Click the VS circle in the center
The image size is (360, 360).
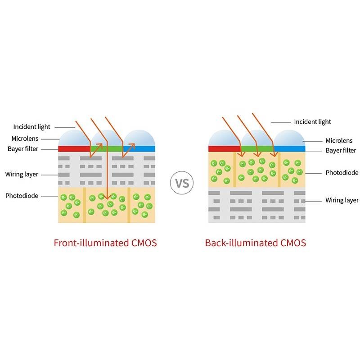(182, 184)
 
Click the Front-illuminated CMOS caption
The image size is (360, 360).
(105, 243)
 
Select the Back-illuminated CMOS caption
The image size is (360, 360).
(255, 243)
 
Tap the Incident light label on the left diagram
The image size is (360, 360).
(32, 127)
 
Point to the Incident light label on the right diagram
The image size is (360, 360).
(312, 121)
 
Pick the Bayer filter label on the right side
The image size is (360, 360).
(341, 150)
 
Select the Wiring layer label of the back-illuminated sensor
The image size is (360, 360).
(342, 200)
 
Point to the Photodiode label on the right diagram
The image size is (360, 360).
(342, 172)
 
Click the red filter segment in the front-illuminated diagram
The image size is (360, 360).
(74, 148)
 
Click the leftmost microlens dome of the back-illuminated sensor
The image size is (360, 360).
(224, 138)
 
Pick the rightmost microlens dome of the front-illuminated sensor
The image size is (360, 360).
(140, 138)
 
